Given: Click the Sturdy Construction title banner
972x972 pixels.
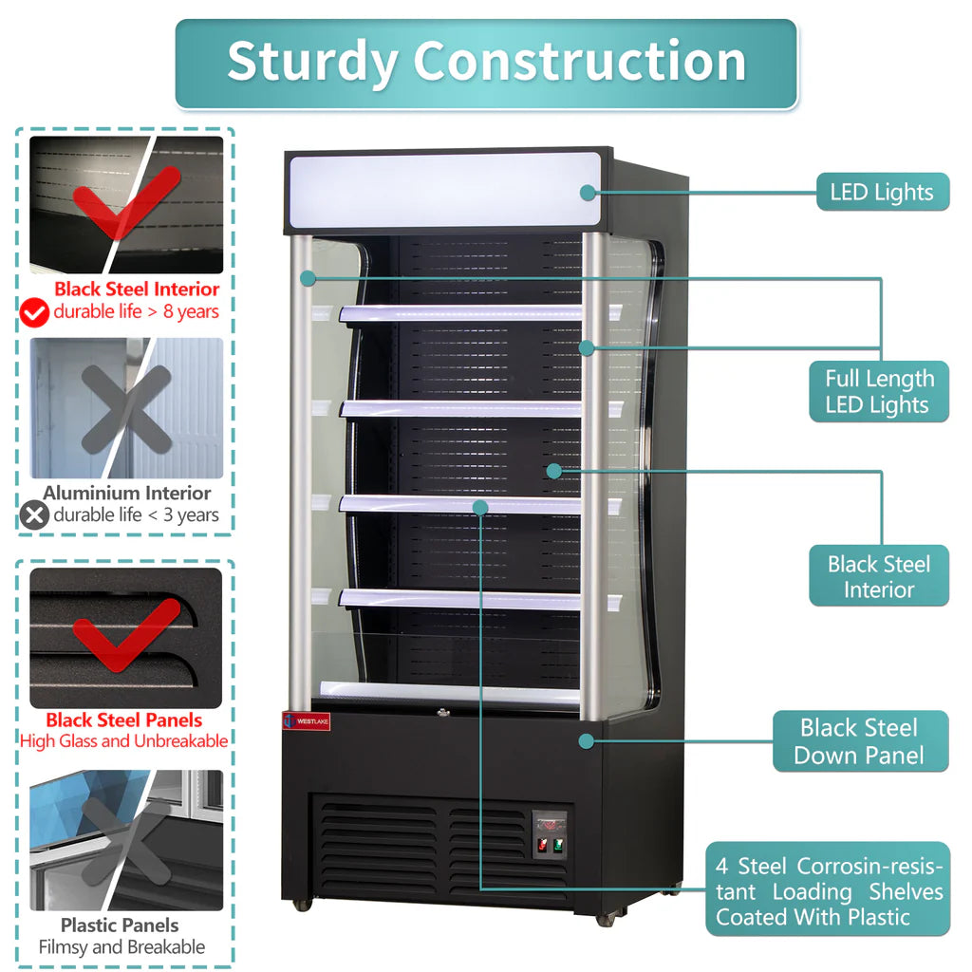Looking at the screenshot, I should pos(486,63).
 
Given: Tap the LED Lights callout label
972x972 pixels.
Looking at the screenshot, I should pos(882,192).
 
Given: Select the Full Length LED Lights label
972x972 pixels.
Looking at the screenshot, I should pos(878,391).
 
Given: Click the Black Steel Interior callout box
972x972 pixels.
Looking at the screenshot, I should pos(878,576).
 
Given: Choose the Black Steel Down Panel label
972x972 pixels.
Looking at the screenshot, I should pos(859,741).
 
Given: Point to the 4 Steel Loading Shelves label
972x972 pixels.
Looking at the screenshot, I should pos(829,890).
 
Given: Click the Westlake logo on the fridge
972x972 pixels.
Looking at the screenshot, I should pos(305,720).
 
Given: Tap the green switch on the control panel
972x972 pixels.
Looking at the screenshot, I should pos(558,845).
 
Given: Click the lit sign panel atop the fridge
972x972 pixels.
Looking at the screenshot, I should pos(444,190).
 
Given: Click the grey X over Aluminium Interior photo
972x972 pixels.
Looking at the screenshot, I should pos(126,408).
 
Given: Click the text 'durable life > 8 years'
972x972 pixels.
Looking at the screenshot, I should pos(136,311).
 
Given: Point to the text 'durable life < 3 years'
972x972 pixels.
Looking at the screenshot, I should pos(136,515).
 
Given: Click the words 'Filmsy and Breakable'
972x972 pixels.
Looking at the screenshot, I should pos(121,946).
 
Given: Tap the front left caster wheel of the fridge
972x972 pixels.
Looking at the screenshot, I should pos(302,905).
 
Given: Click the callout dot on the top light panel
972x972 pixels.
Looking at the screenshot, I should pos(589,193).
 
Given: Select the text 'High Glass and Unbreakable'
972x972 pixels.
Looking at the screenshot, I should pos(123,741).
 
